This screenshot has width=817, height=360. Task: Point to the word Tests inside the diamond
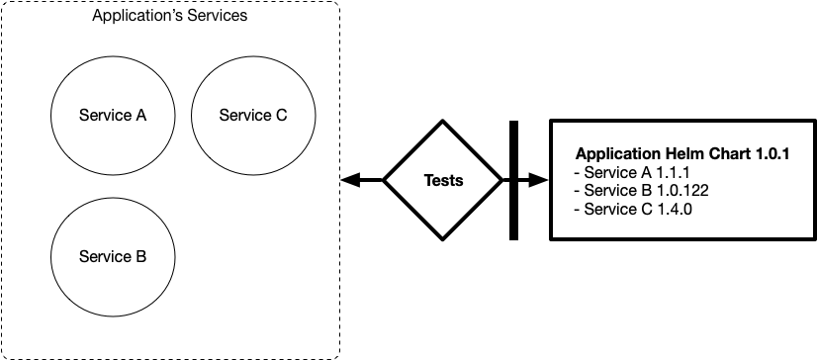[x=443, y=181]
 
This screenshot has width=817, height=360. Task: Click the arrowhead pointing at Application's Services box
[x=350, y=180]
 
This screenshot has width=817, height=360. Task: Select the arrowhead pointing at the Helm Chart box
[x=539, y=180]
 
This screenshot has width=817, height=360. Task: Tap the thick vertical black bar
[x=513, y=180]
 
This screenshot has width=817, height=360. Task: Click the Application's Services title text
[x=170, y=16]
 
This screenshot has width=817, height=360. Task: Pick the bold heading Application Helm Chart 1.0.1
[x=682, y=154]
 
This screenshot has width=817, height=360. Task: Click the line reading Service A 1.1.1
[x=631, y=172]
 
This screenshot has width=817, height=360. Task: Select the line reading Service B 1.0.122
[x=641, y=191]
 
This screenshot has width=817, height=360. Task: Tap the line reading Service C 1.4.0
[x=633, y=209]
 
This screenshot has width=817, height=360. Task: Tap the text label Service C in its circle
[x=253, y=115]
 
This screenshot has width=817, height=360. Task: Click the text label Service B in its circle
[x=113, y=256]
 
